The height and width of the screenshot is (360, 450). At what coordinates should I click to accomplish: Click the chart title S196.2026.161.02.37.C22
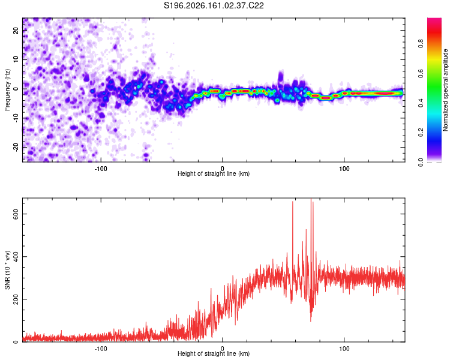pos(214,5)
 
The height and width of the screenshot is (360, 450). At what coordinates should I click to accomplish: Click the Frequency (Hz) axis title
pos(7,90)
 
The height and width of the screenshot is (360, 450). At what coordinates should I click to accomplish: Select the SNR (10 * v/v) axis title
pos(7,270)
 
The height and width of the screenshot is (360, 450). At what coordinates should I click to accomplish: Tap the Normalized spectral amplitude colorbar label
pos(445,90)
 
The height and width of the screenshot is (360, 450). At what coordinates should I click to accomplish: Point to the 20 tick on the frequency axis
pos(16,30)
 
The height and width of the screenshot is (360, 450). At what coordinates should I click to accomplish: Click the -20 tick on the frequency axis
pos(16,147)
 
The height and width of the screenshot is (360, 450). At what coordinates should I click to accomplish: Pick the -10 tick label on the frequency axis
pos(16,118)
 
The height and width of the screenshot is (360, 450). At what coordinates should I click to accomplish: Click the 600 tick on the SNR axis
pos(16,214)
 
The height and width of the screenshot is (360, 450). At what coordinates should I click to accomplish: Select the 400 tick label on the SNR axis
pos(16,256)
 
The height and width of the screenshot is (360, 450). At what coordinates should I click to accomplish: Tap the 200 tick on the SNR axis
pos(16,299)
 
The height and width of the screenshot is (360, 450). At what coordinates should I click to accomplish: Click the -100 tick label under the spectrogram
pos(101,169)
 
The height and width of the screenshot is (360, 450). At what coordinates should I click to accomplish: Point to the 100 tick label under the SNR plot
pos(344,349)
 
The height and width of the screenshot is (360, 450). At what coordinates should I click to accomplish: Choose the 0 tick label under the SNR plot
pos(223,349)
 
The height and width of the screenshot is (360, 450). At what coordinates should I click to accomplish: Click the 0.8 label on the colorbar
pos(421,44)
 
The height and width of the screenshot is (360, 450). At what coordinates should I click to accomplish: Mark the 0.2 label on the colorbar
pos(421,133)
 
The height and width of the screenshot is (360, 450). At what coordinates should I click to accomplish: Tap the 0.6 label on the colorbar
pos(421,73)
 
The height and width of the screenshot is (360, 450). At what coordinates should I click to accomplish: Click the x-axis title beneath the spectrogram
pos(214,173)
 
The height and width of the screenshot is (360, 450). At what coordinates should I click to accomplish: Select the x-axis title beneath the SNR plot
pos(214,353)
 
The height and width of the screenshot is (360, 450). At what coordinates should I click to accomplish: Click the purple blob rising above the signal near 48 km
pos(281,77)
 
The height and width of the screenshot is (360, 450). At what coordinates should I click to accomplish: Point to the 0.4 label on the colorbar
pos(421,103)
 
